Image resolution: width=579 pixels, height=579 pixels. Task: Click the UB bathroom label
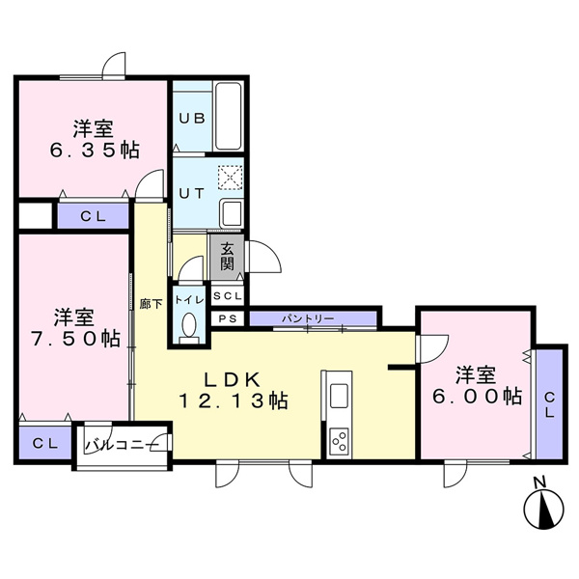click(x=192, y=118)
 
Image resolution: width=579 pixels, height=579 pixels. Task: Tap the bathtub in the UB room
click(x=228, y=116)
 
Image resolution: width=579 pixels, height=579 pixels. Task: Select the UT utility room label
click(x=191, y=194)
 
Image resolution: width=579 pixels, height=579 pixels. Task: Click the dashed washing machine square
click(x=231, y=178)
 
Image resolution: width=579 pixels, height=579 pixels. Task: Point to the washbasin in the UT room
click(x=232, y=213)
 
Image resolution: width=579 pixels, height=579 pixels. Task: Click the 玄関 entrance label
click(x=227, y=257)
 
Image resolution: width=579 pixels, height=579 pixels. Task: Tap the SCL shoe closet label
click(x=228, y=296)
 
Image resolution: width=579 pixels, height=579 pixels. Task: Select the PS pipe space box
click(x=228, y=318)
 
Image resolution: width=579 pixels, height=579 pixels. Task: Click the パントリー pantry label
click(x=308, y=318)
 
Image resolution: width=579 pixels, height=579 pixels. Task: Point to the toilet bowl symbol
click(x=189, y=324)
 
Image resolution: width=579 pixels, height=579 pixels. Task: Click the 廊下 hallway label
click(x=152, y=304)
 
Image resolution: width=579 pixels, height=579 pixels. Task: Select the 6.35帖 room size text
click(x=95, y=150)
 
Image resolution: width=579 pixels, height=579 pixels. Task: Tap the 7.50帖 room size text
click(x=75, y=338)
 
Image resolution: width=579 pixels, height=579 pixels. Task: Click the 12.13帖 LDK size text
click(x=234, y=400)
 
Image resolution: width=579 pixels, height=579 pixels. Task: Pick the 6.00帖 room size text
click(x=477, y=397)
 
